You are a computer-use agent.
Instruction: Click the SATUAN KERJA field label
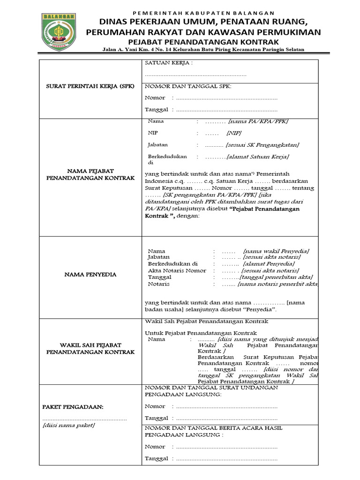[169, 63]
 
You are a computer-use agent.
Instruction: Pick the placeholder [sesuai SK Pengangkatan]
[262, 145]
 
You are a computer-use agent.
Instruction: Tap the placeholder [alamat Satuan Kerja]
[258, 157]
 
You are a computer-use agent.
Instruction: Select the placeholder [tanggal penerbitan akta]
[277, 277]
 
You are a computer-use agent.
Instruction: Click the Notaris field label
[158, 284]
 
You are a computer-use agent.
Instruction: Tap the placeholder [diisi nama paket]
[68, 425]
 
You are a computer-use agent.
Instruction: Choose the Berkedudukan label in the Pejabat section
[167, 157]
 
